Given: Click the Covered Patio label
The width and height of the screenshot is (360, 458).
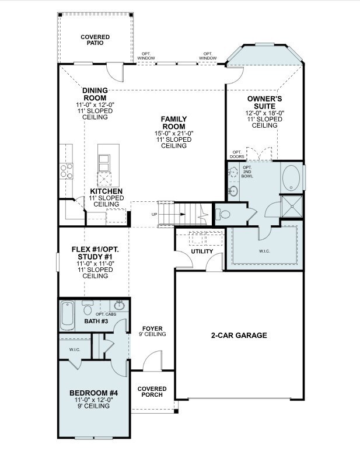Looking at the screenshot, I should click(x=95, y=40).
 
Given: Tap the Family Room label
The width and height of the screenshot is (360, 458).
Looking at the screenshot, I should click(x=173, y=123).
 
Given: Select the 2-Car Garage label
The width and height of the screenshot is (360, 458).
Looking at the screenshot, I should click(x=239, y=335).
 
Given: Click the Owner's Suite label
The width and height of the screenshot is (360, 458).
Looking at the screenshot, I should click(x=265, y=103).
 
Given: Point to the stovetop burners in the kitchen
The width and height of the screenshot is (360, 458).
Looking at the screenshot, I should click(x=66, y=170).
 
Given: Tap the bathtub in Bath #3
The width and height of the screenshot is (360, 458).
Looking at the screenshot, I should click(x=67, y=316).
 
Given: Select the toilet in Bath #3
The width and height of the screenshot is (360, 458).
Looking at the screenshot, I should click(x=88, y=306).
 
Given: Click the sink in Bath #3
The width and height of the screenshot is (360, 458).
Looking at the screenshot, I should click(x=120, y=305).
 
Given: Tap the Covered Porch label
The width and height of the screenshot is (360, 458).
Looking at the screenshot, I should click(x=152, y=391).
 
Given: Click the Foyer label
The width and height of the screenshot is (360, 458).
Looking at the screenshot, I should click(x=152, y=328).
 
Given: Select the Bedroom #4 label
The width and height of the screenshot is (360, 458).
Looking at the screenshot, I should click(x=93, y=394).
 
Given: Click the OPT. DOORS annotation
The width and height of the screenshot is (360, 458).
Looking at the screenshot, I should click(x=237, y=154).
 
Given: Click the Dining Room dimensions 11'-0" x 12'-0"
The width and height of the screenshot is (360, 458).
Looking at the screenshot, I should click(x=95, y=104).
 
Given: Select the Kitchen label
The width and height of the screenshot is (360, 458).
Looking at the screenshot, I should click(x=106, y=191).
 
